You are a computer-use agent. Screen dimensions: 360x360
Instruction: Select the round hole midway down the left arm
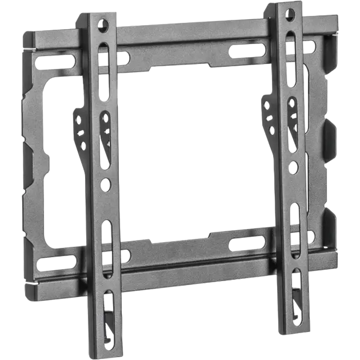(107, 184)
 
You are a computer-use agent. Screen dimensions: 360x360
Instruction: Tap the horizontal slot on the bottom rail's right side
(247, 242)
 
